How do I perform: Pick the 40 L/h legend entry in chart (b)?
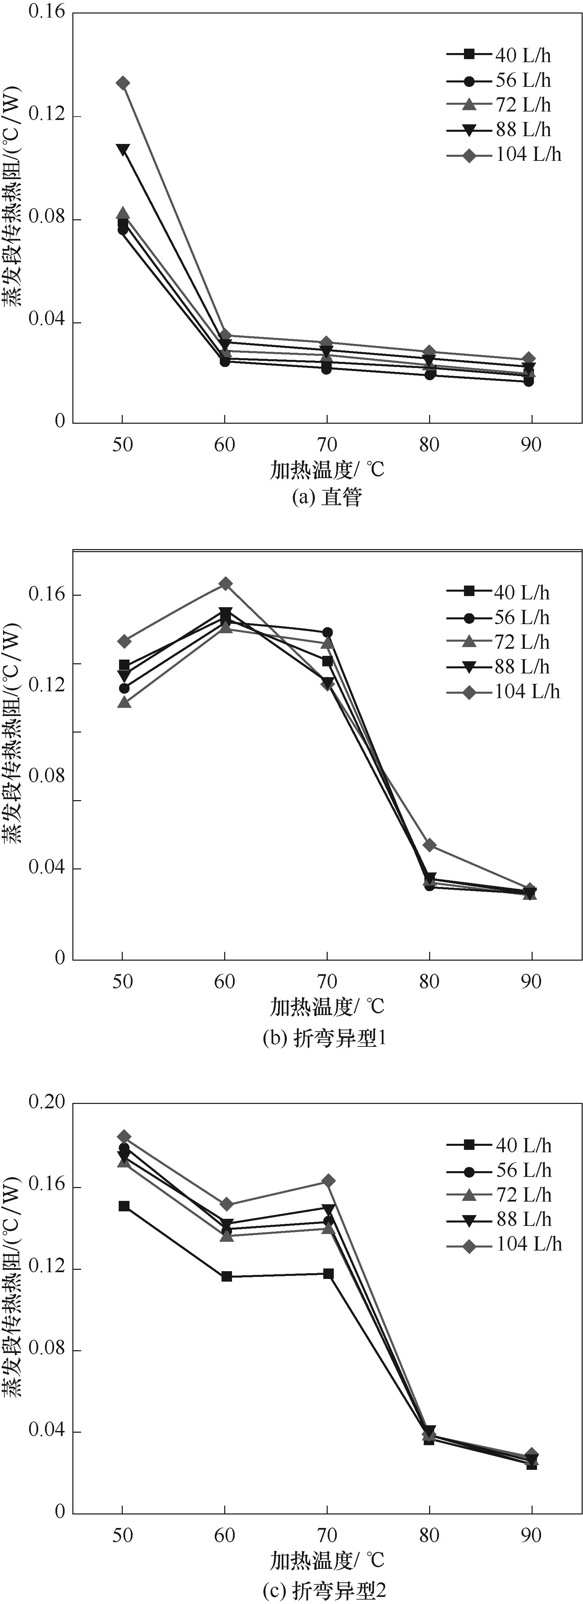click(x=498, y=593)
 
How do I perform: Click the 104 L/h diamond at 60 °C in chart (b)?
click(x=226, y=584)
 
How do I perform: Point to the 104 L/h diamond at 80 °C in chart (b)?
click(x=429, y=845)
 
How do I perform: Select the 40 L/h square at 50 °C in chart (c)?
click(x=124, y=1206)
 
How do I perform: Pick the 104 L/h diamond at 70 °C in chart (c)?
click(x=328, y=1181)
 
